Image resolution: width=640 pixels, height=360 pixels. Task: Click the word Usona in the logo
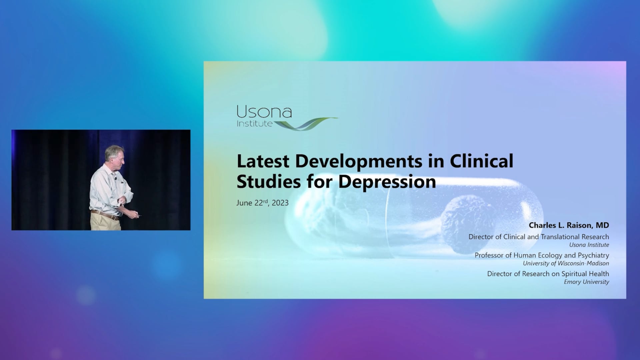264,112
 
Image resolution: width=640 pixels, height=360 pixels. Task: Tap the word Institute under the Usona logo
255,124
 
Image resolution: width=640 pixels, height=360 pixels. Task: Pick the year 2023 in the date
280,203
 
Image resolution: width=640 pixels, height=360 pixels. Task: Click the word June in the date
244,203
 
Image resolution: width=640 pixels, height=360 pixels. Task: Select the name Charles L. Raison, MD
569,225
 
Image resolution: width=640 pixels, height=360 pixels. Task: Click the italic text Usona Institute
589,245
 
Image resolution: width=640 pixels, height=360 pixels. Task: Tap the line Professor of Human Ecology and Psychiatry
542,255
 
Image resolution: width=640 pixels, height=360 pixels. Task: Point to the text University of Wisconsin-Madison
566,263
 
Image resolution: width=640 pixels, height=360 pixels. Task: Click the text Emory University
586,282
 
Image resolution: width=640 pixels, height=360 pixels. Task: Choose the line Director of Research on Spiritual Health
548,274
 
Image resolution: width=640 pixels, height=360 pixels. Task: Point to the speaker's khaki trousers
105,223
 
